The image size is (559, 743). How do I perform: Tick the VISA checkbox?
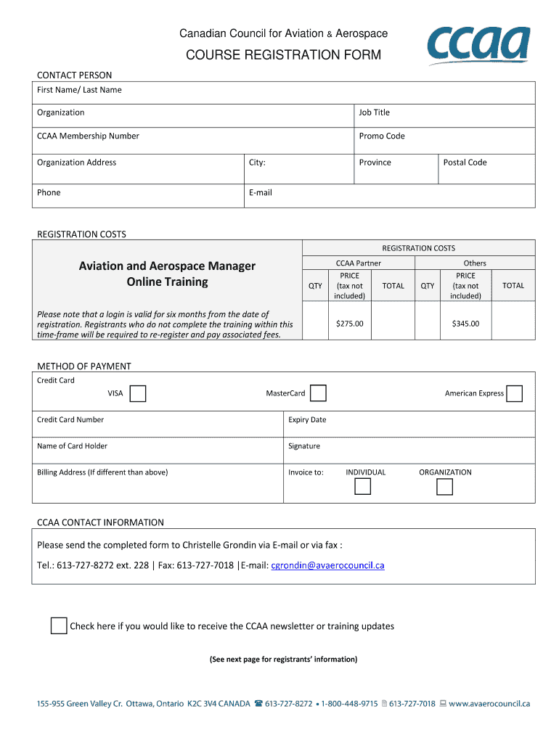[138, 393]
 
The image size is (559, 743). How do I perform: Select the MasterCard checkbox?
[318, 393]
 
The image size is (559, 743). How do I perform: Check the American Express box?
[514, 393]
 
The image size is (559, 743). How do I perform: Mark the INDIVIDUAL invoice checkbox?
[362, 486]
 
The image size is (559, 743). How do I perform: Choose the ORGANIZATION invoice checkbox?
[444, 486]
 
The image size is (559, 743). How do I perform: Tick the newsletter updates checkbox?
[59, 625]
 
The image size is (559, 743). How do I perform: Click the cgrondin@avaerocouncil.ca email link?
[327, 565]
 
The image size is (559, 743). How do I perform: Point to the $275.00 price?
[349, 324]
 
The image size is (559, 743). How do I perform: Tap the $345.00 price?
[465, 324]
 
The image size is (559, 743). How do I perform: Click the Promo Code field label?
[382, 136]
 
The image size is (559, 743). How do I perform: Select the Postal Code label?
[465, 163]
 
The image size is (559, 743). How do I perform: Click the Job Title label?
[374, 112]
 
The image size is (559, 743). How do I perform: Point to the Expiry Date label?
[307, 419]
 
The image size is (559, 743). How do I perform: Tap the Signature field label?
[304, 446]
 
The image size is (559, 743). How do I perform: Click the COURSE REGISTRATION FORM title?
[283, 55]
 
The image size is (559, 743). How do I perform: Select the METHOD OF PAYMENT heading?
[84, 366]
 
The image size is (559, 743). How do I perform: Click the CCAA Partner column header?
[358, 263]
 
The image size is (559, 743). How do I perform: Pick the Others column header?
[475, 263]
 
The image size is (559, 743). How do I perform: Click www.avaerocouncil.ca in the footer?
[490, 703]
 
